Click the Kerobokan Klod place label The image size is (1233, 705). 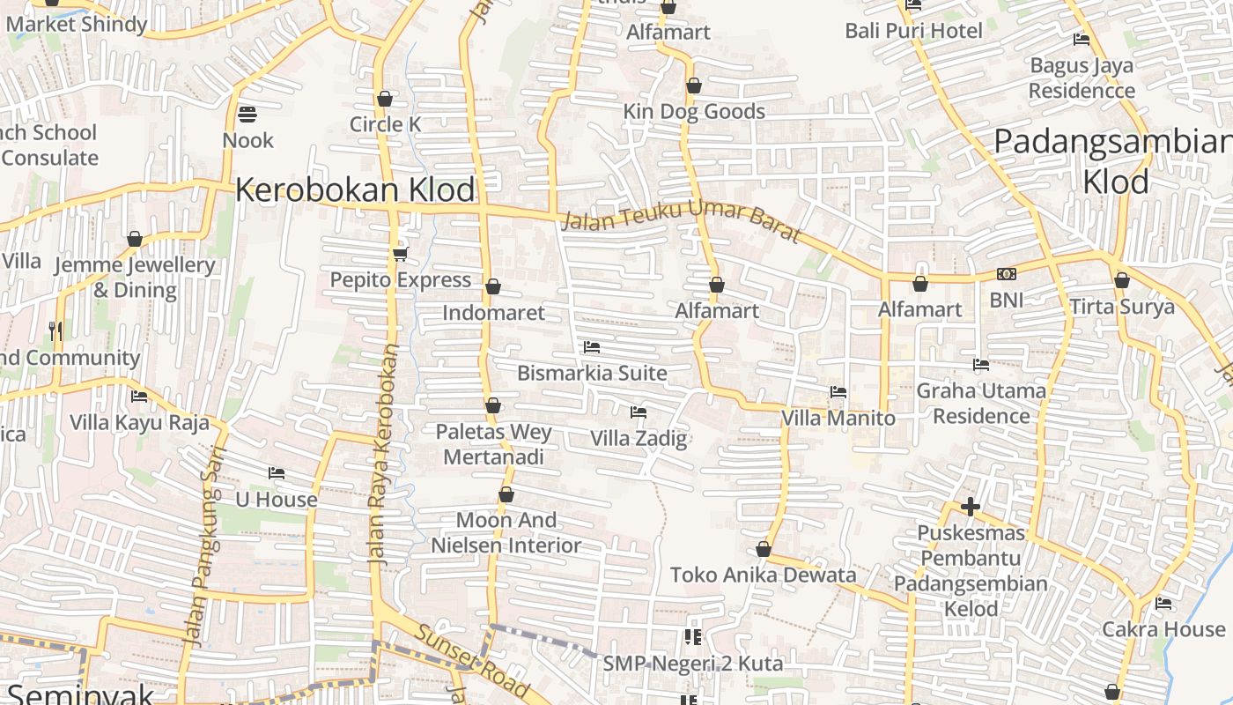coord(355,189)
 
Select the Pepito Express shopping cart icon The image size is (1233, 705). coord(400,255)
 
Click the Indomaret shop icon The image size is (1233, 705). coord(493,287)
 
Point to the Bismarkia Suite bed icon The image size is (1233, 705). coord(592,347)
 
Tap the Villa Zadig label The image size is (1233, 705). coord(639,438)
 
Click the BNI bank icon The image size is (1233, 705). coord(1006,275)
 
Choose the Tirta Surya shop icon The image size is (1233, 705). coord(1122,281)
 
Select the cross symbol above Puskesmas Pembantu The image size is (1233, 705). coord(971,507)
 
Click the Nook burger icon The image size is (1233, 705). coord(247,114)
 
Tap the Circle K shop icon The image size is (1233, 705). coord(384,99)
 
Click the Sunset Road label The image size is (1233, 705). coord(472,660)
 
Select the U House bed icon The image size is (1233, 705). coord(277,473)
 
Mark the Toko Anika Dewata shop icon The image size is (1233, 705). coord(764,550)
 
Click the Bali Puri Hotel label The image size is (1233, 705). coord(913,31)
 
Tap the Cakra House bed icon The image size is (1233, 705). coord(1163,605)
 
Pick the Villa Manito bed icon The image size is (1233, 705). coord(838,392)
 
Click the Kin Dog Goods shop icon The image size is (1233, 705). coord(694,86)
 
